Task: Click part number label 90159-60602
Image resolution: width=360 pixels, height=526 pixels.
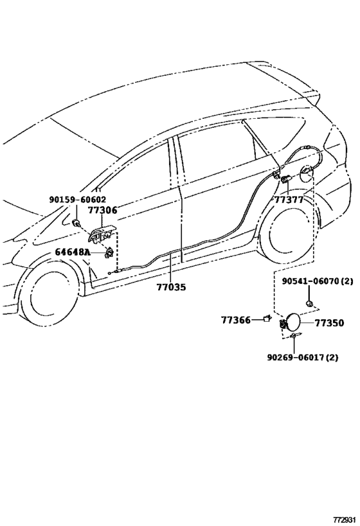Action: [x=78, y=200]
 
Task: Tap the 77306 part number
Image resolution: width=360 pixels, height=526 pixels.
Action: [x=103, y=210]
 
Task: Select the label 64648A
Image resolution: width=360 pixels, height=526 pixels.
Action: [x=73, y=252]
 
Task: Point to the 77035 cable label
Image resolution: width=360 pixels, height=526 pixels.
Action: [x=171, y=287]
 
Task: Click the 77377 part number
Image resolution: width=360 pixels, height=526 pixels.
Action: [x=289, y=200]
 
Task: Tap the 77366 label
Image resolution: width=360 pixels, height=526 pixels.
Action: [x=236, y=320]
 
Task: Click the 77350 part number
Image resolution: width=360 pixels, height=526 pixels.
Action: [x=329, y=323]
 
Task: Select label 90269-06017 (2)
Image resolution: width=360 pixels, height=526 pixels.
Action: [x=303, y=358]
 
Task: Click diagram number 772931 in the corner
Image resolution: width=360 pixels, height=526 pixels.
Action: [x=344, y=520]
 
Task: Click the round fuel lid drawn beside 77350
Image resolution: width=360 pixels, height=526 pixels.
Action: [x=292, y=322]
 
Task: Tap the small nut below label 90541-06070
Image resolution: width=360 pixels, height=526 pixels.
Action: [x=309, y=304]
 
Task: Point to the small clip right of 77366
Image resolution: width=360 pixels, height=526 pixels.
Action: [x=267, y=319]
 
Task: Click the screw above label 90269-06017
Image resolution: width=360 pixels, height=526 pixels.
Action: [x=295, y=335]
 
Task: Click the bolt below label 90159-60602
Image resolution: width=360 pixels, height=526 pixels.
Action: [x=76, y=222]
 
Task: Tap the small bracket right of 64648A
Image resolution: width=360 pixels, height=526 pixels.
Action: [x=109, y=252]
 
